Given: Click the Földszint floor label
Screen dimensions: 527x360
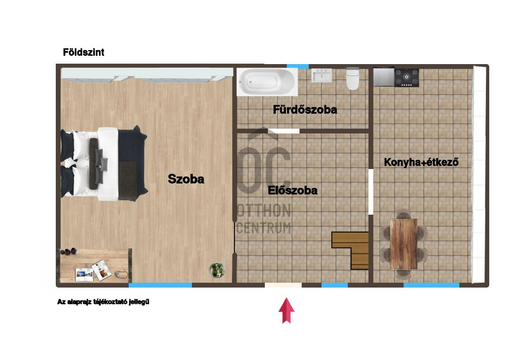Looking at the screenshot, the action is pos(83,52).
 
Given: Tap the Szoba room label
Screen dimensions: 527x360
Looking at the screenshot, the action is pos(186,179).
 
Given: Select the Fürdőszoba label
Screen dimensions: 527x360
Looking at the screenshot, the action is pos(305,110).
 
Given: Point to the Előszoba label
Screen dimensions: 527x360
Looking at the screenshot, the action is pos(292,190).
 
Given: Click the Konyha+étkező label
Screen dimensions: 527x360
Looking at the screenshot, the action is pos(421,162).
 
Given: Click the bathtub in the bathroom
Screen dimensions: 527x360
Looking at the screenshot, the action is pos(267,82).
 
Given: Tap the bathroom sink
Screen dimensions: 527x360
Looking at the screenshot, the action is pos(321,75).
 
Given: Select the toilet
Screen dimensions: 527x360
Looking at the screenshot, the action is pos(353,79).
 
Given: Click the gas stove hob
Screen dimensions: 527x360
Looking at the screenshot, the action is pos(407,78).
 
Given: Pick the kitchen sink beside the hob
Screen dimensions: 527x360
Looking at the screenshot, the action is pos(384,77).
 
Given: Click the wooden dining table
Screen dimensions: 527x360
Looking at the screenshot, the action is pos(404,244).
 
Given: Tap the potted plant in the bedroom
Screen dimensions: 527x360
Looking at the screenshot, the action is pos(217,270).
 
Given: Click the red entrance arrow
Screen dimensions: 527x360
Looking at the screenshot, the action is pos(286,311).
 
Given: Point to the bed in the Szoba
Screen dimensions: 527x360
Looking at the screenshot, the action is pos(104,164).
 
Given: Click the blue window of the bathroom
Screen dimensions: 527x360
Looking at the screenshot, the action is pos(298,67).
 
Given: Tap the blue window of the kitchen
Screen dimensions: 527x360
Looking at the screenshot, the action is pos(431,285).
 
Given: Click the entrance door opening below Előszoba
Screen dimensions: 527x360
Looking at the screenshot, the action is pos(283,285).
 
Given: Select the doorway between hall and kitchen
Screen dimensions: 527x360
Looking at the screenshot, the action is pos(371,192).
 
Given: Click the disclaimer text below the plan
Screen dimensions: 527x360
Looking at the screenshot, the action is pos(103,302).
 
